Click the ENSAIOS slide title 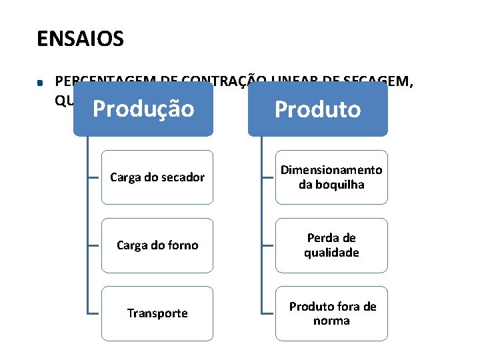(80, 39)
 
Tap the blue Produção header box (143, 109)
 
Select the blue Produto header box (317, 109)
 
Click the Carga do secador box (157, 177)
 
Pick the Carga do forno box (157, 245)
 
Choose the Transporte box (157, 313)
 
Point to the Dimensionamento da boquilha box (331, 177)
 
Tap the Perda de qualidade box (331, 245)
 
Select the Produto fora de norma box (331, 313)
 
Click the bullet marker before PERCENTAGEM (41, 83)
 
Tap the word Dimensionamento (331, 170)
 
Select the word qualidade (331, 253)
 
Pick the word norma (331, 321)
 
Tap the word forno (181, 245)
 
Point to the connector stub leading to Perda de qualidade (268, 245)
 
